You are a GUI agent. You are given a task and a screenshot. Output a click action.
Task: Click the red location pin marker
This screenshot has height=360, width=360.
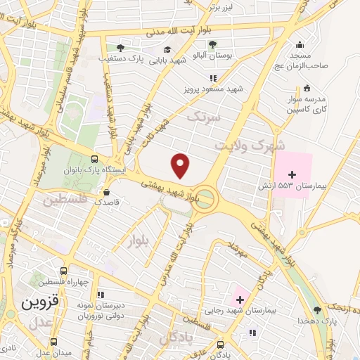click(181, 165)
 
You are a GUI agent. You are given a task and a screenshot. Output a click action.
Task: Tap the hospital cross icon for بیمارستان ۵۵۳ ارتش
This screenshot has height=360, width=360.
click(292, 173)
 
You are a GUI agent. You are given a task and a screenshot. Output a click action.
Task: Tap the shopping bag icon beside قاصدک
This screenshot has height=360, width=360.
click(106, 191)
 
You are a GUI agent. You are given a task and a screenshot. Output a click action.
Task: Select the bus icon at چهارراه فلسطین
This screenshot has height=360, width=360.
click(63, 271)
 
